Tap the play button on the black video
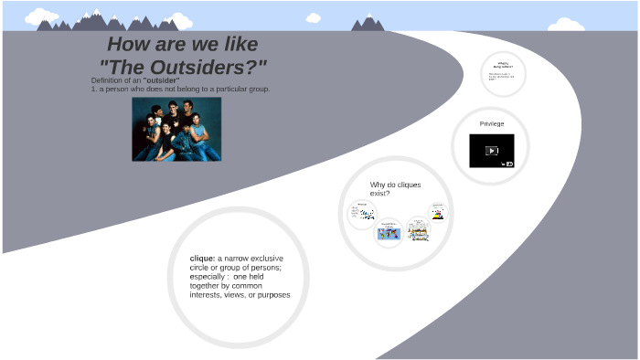point(492,151)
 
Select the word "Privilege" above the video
point(492,123)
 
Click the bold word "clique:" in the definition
point(202,259)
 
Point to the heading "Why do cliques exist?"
point(395,188)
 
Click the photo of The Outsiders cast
point(176,129)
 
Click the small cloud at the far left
point(40,16)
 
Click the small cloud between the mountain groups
point(314,17)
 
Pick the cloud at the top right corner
point(567,25)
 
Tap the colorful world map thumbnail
point(389,233)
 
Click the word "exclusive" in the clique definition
point(266,259)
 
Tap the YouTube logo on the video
point(508,164)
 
